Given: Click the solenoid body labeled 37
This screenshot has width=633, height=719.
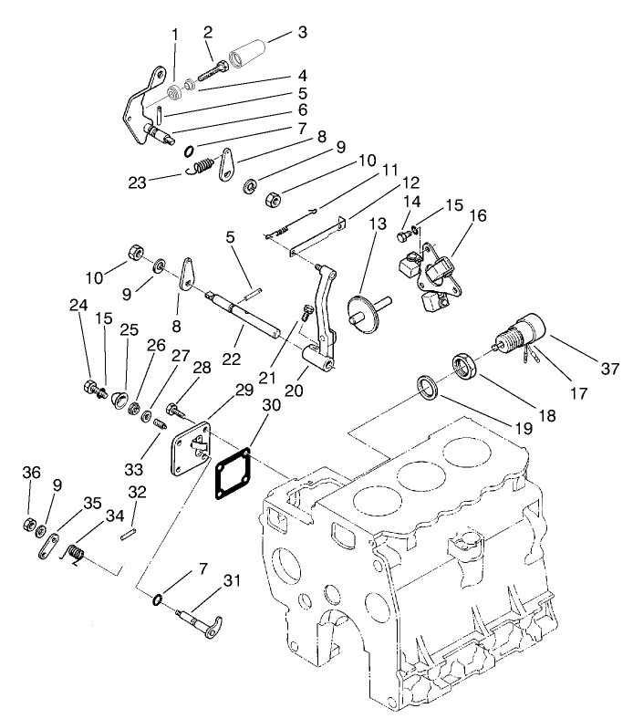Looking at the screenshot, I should pos(522,334).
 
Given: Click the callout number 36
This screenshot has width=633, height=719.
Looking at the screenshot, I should pos(32,472).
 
